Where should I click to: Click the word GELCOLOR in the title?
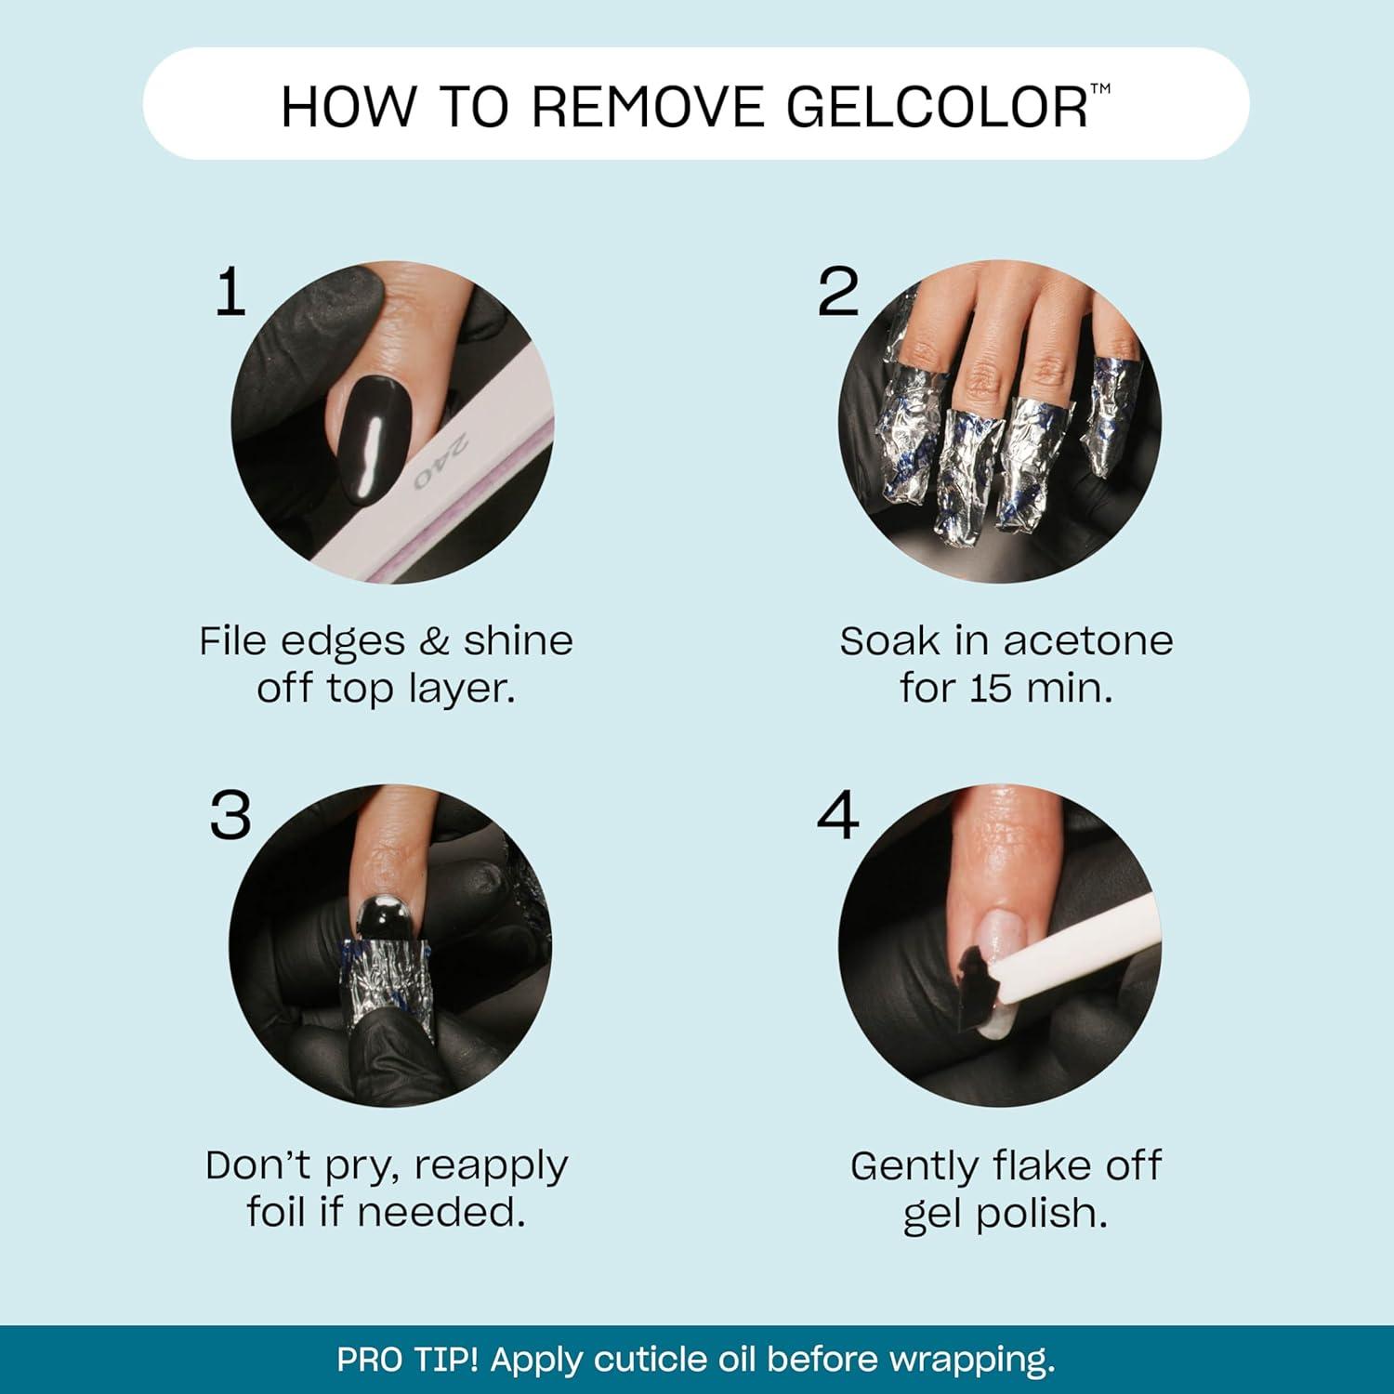pyautogui.click(x=937, y=107)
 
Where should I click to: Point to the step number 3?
pyautogui.click(x=230, y=816)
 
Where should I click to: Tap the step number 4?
pyautogui.click(x=837, y=816)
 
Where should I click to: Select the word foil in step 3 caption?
pyautogui.click(x=276, y=1212)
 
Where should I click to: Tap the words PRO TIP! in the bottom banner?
pyautogui.click(x=407, y=1359)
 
